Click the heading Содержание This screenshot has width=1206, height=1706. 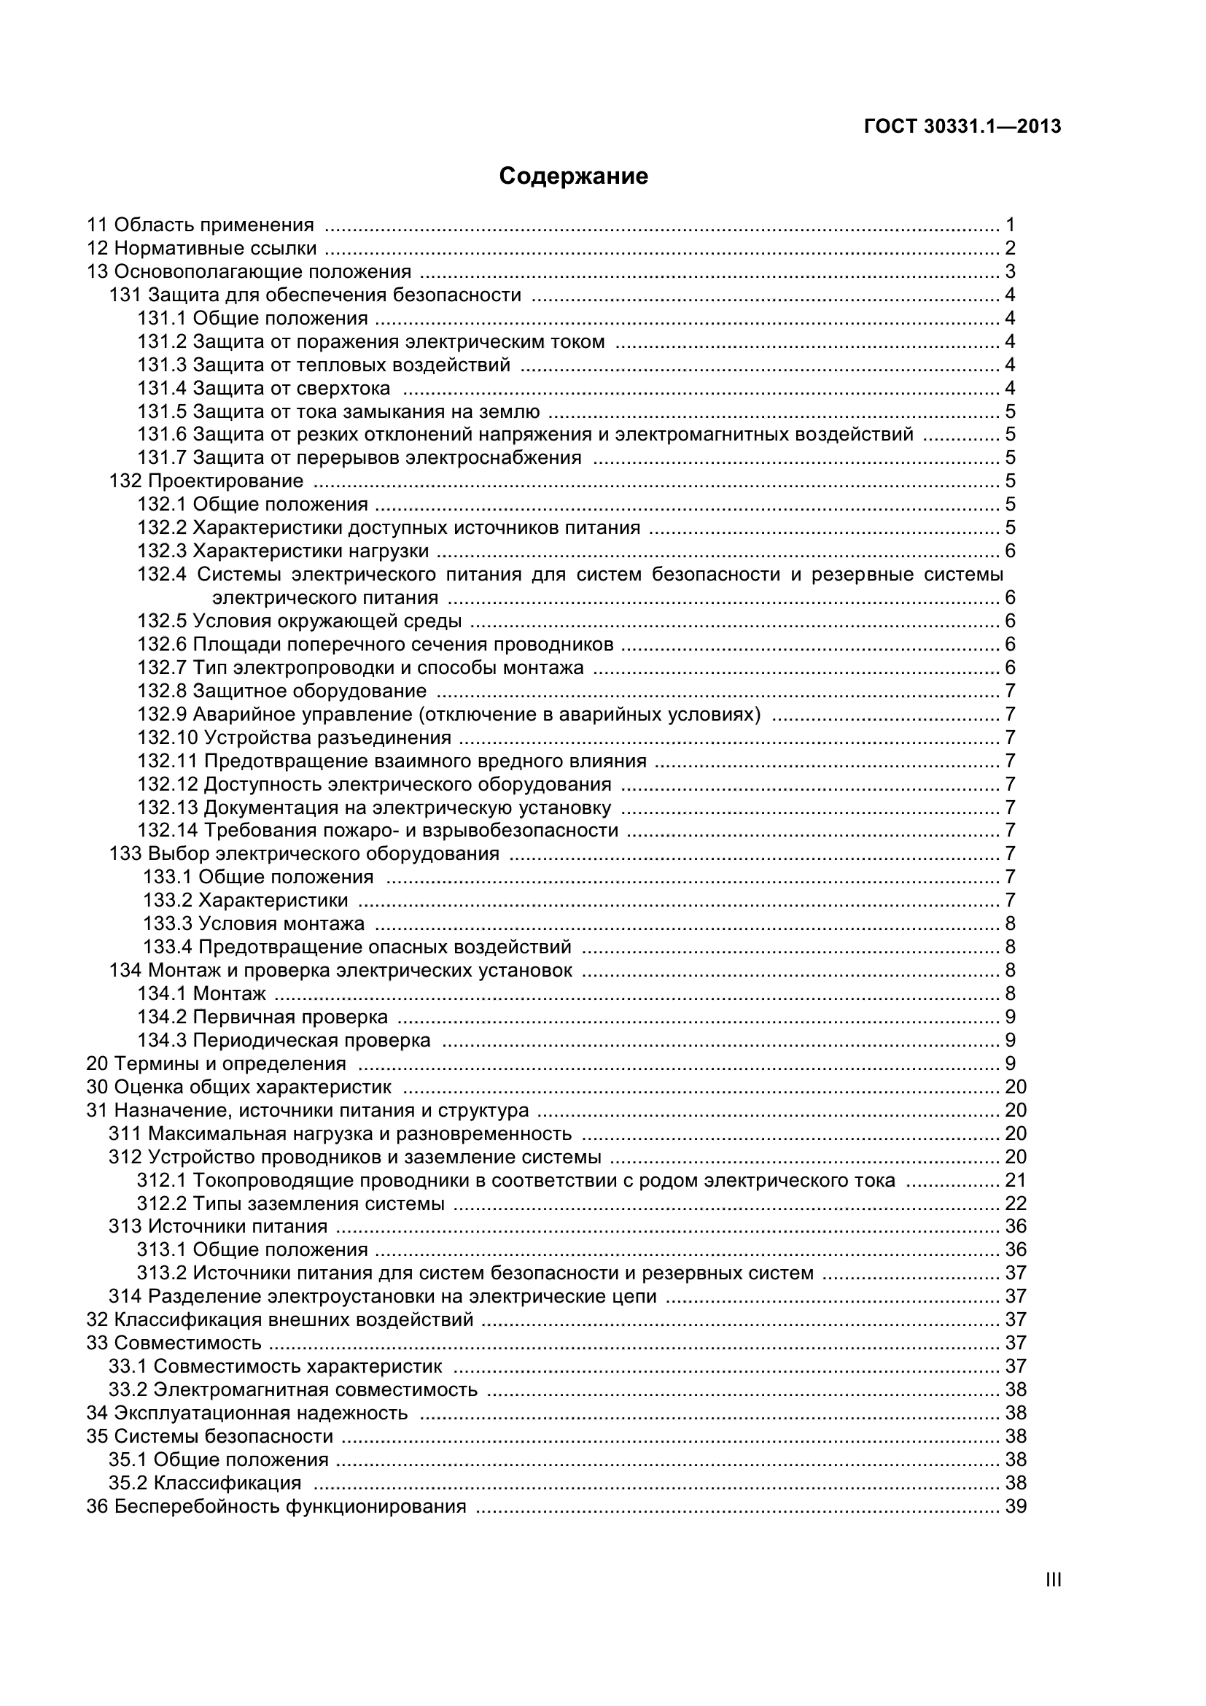(573, 176)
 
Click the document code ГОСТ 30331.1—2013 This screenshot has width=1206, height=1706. (962, 127)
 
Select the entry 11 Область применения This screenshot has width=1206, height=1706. (201, 225)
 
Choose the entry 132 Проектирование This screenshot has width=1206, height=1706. (206, 481)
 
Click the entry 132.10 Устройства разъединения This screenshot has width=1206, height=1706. (294, 738)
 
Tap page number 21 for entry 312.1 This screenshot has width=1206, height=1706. (1015, 1180)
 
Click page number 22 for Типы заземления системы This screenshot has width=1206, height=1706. (1015, 1203)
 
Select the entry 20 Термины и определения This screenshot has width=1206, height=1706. (216, 1063)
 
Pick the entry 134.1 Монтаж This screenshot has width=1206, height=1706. (201, 993)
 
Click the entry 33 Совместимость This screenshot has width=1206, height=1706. (174, 1343)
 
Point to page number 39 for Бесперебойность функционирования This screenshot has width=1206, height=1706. (1015, 1506)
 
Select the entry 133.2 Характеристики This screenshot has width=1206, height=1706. (246, 901)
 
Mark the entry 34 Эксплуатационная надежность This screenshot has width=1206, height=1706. (247, 1413)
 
